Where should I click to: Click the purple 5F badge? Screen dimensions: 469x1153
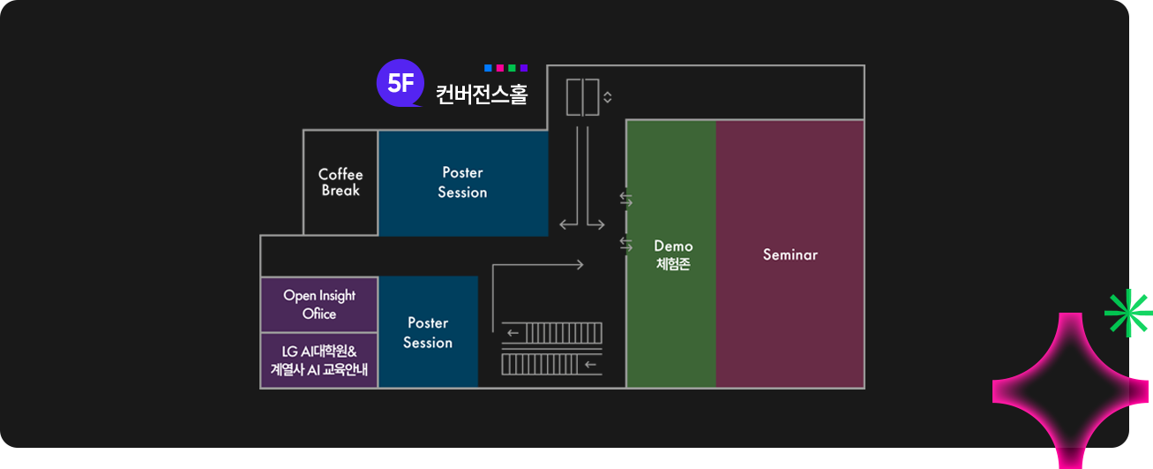(x=401, y=84)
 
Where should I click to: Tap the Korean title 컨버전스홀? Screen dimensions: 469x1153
(x=482, y=95)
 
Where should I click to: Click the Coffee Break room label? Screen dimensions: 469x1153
(x=341, y=182)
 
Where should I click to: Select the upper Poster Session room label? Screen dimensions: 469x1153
(x=462, y=182)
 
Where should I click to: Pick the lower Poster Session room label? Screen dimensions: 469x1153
(x=428, y=332)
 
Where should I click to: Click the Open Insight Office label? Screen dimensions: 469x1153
(x=319, y=304)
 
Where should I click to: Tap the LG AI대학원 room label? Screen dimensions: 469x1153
(x=319, y=359)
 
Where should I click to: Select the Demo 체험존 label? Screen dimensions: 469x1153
(x=673, y=254)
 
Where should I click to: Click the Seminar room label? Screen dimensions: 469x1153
(x=790, y=254)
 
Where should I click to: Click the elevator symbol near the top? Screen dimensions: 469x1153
(x=582, y=97)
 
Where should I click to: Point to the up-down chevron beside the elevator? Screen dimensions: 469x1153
(x=608, y=97)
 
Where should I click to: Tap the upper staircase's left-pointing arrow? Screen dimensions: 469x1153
(x=513, y=334)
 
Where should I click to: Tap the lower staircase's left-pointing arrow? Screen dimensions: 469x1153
(x=591, y=364)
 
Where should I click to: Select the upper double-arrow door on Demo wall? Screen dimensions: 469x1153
(x=626, y=200)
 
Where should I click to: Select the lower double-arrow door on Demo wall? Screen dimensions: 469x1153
(x=626, y=243)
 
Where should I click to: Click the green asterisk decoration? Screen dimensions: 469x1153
(x=1128, y=314)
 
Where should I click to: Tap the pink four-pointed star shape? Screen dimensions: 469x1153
(x=1070, y=390)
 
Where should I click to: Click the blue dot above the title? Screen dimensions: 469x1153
(x=488, y=68)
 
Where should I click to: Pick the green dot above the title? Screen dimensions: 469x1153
(x=512, y=68)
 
